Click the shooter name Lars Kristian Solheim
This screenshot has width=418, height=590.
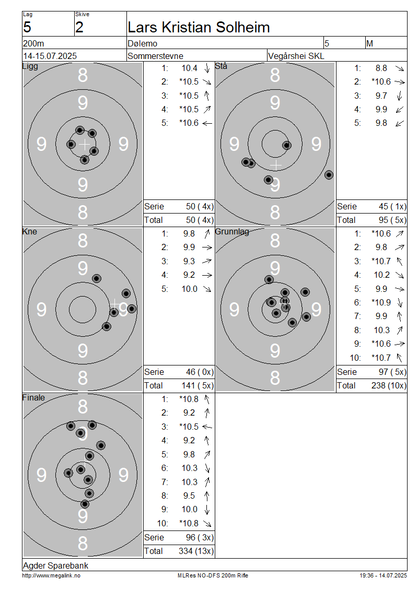coord(199,28)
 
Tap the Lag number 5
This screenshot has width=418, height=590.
coord(27,28)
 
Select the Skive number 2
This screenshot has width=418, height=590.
coord(79,28)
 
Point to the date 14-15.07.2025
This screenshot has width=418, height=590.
coord(50,56)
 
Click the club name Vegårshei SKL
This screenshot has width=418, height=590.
coord(296,56)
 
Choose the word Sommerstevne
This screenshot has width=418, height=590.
coord(155,56)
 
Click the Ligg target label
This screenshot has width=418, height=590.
coord(30,67)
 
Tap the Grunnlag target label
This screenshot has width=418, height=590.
coord(232,232)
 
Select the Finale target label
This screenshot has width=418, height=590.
coord(33,397)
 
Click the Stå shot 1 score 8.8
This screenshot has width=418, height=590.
coord(381,68)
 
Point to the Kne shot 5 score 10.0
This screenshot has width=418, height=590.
coord(190,289)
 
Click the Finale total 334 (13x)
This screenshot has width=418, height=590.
coord(196,551)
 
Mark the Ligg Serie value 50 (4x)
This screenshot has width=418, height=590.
coord(200,207)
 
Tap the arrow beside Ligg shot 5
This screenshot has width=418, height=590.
coord(207,123)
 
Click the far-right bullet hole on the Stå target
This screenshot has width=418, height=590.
coord(329,175)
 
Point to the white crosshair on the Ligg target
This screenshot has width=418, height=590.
coord(85,144)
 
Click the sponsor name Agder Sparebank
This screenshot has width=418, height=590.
coord(56,565)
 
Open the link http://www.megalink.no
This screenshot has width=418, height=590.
coord(51,575)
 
